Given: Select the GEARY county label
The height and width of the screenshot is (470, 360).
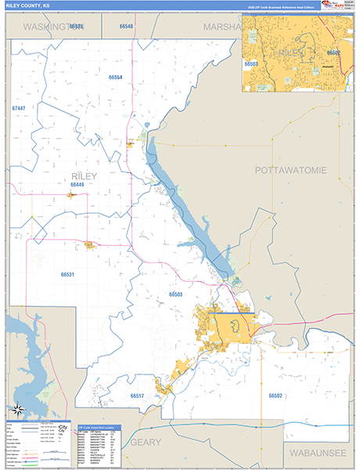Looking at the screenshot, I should tap(145, 442).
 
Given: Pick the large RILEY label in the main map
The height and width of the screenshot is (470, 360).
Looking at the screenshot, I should tap(84, 176).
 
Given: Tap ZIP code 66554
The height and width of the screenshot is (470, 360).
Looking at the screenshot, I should tap(115, 78).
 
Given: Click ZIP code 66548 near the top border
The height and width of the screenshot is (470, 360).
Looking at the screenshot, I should tap(127, 27).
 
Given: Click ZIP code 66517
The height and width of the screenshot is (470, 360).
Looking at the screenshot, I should tap(138, 396).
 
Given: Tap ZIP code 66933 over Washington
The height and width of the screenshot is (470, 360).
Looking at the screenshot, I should tap(76, 27).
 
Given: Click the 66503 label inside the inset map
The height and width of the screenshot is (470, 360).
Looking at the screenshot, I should tap(251, 63).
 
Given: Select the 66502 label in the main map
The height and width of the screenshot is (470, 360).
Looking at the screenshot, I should tap(275, 396).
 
